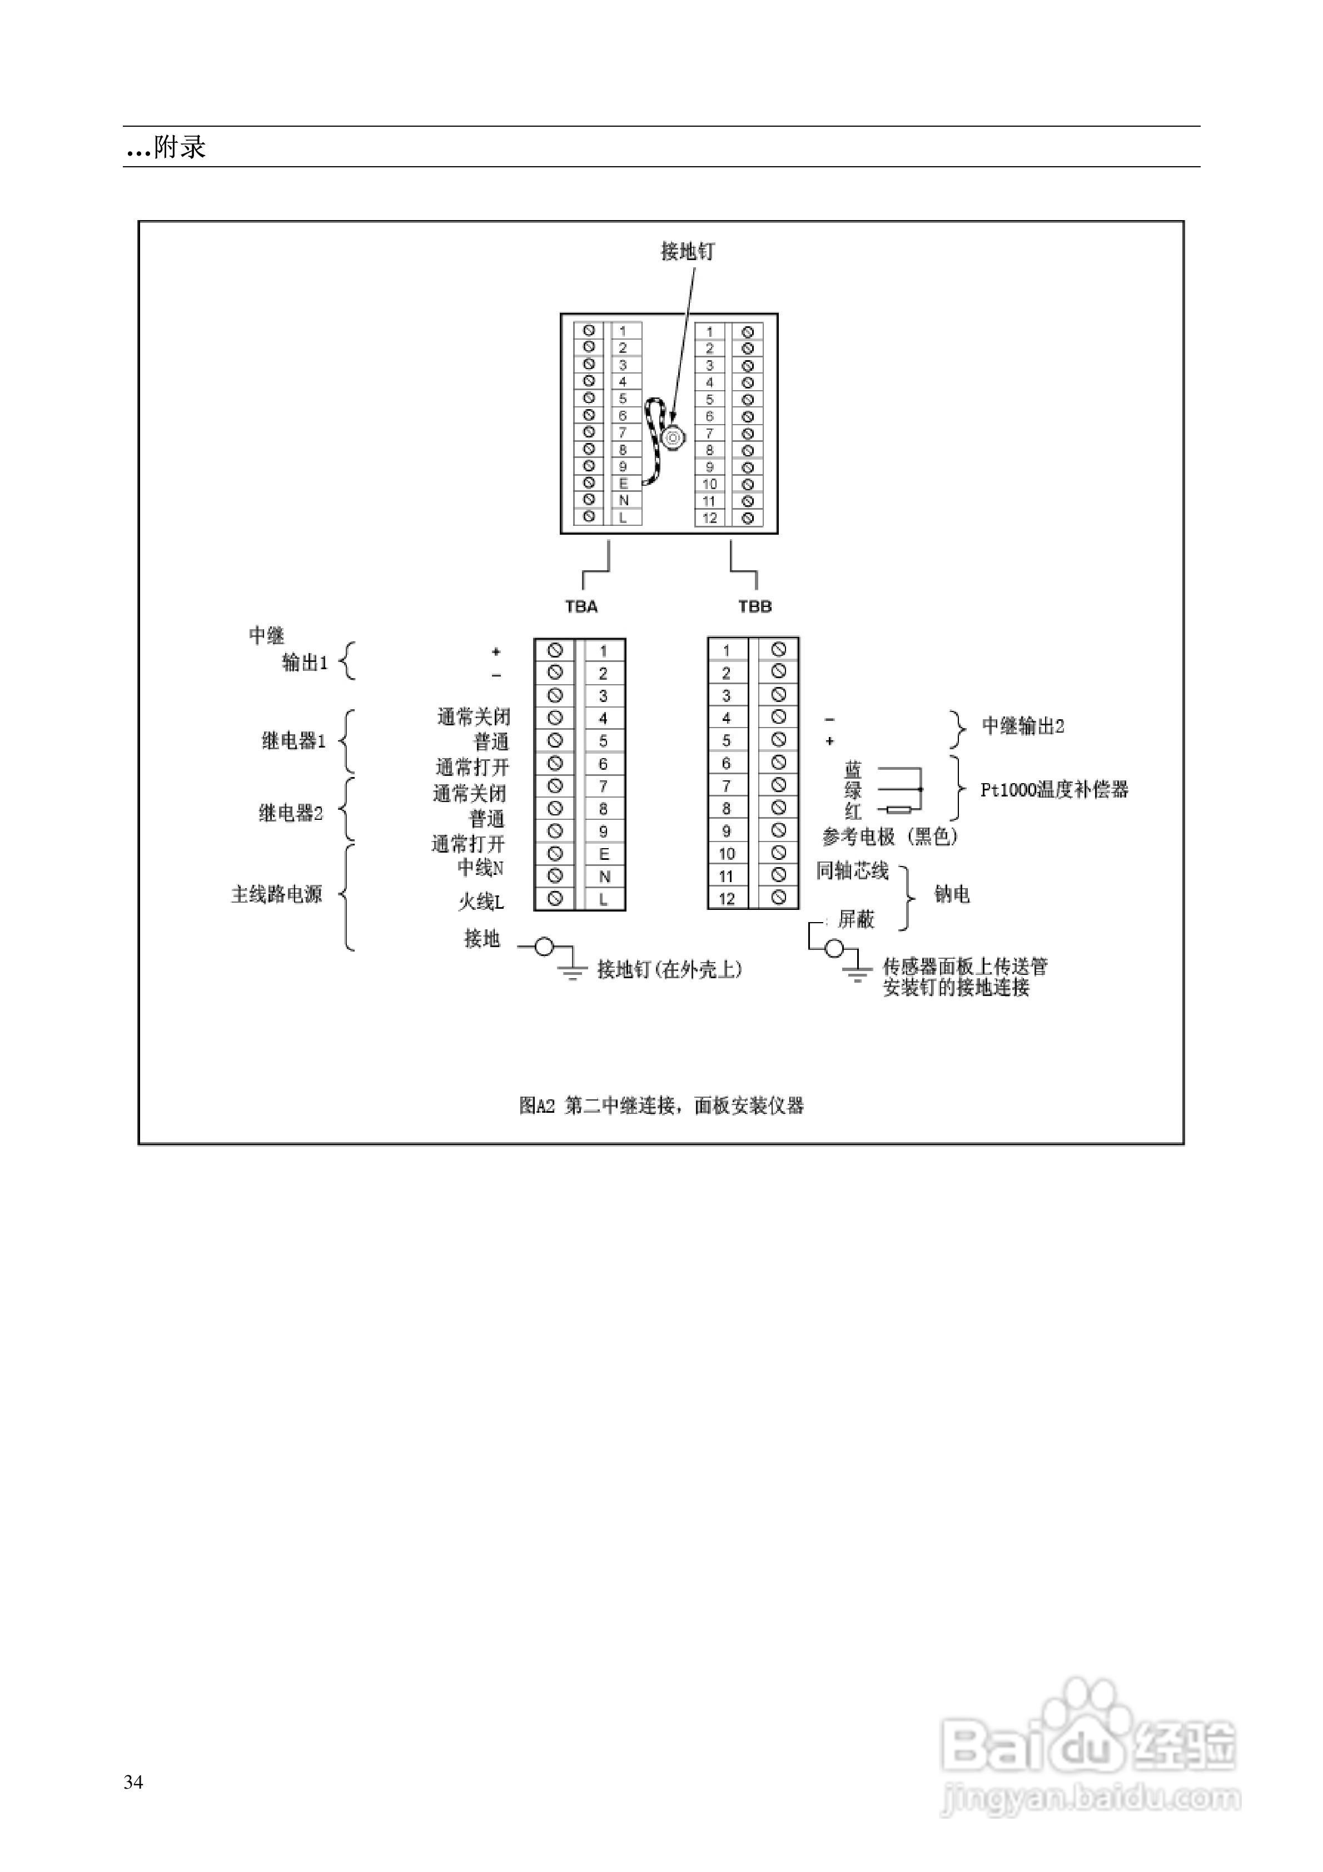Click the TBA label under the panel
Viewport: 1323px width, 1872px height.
[581, 606]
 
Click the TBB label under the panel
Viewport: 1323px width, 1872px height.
[754, 606]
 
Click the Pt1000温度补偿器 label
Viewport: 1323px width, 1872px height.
[1054, 789]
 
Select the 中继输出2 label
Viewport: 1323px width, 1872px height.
[1023, 726]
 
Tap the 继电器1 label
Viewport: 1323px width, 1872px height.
[293, 740]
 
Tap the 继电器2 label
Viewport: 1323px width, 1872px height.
[291, 813]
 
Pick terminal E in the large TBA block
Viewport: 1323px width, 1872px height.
[604, 854]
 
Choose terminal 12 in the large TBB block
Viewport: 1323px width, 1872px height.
[727, 899]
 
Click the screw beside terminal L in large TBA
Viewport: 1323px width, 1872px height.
[555, 899]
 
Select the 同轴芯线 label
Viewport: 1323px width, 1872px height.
[852, 871]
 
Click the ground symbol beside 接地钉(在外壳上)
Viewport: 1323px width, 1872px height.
[572, 970]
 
